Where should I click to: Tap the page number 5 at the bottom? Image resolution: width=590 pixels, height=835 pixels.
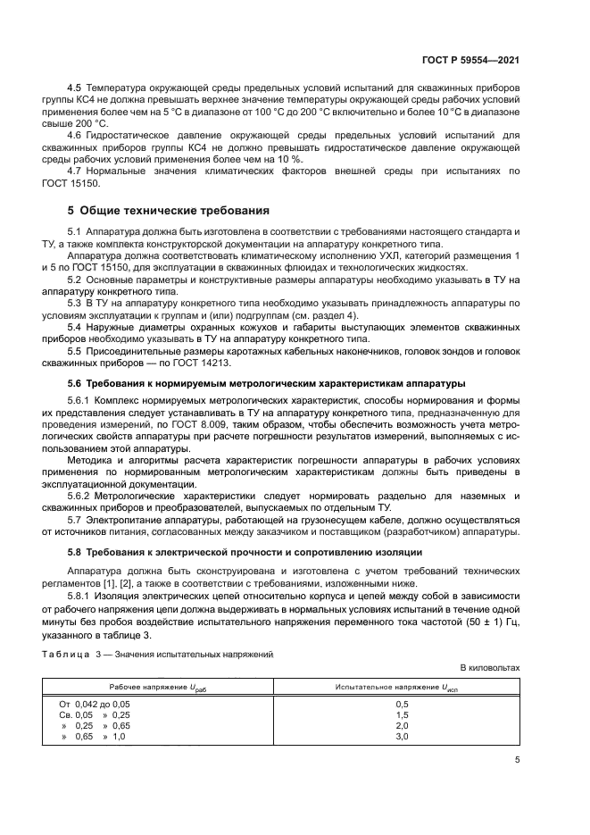pyautogui.click(x=517, y=760)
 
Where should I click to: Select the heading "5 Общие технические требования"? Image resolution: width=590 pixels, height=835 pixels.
pyautogui.click(x=169, y=211)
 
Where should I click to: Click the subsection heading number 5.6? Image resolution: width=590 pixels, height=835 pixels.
pyautogui.click(x=76, y=382)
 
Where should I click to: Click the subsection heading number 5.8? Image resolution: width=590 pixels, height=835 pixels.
pyautogui.click(x=76, y=553)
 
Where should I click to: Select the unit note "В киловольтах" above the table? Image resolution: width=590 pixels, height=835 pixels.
pyautogui.click(x=490, y=667)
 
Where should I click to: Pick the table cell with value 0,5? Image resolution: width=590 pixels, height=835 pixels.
pyautogui.click(x=401, y=705)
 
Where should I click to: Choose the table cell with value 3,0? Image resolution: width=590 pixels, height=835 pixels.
pyautogui.click(x=401, y=737)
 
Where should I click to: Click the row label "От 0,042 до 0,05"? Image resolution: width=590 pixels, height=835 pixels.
pyautogui.click(x=95, y=705)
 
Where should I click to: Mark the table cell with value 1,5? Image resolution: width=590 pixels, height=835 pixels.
pyautogui.click(x=401, y=715)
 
